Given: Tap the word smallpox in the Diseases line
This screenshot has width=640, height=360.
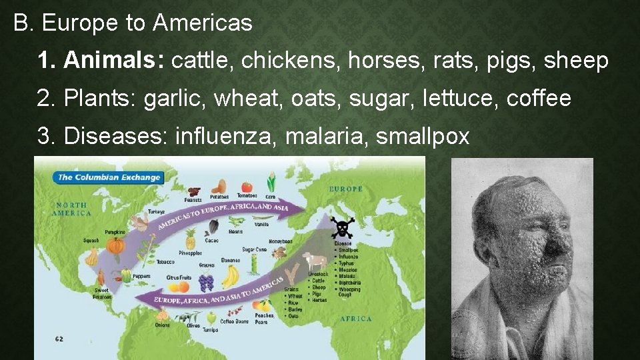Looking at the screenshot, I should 423,136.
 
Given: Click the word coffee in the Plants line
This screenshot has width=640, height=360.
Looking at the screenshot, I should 539,99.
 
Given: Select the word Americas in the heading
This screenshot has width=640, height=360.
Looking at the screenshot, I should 202,23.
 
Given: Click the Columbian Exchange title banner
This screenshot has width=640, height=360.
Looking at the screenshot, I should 109,177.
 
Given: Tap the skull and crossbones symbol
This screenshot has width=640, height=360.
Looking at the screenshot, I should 343,228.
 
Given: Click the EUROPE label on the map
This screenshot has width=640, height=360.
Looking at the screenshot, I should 346,189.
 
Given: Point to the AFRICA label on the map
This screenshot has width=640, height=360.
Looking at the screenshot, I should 355,319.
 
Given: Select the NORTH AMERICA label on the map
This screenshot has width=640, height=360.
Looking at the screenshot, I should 73,209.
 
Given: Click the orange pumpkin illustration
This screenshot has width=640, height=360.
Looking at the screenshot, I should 115,245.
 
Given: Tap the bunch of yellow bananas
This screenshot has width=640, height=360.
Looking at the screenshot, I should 231,276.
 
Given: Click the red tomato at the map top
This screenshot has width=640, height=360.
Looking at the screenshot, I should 247,187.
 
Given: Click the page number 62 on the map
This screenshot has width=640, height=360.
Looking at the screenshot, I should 59,339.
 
